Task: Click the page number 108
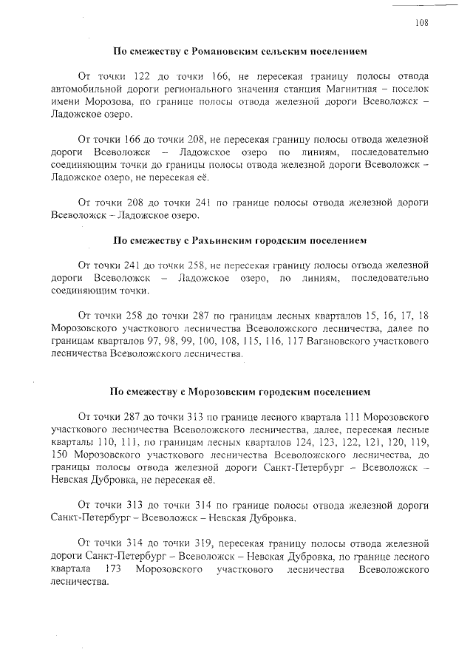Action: pos(421,23)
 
